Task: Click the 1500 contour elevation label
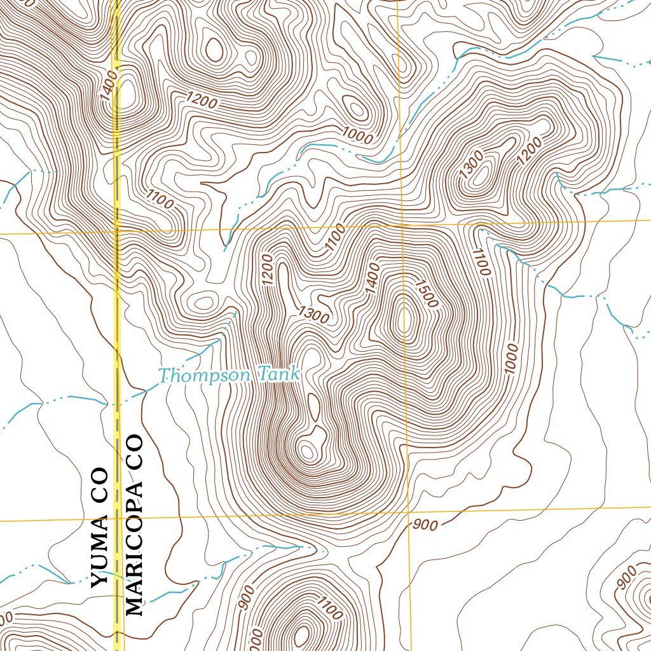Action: [x=425, y=293]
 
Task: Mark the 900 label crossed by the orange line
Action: [x=425, y=524]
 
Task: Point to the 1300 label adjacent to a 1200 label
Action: [x=471, y=165]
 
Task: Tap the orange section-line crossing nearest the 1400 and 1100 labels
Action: [x=402, y=226]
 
